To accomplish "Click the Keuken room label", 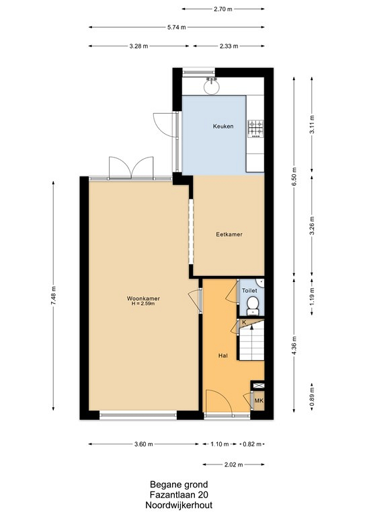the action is coord(223,127).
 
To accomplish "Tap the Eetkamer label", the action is coord(229,234).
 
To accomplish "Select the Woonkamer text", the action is coord(143,298).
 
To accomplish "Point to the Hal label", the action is coord(222,355).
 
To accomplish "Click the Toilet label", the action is coord(249,291).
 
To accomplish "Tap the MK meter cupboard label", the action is coord(259,401).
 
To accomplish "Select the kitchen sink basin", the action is coord(211,86).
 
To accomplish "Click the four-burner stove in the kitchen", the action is coord(255,129).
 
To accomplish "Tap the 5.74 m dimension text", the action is coord(177,28).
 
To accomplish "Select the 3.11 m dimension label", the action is coord(312,125).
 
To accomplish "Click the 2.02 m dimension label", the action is coord(234,465).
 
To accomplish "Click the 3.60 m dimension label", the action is coord(144,444).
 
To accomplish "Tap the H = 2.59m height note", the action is coord(143,304).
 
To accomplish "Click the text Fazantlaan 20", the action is coord(179,495).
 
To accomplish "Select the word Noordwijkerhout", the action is coord(179,505).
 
